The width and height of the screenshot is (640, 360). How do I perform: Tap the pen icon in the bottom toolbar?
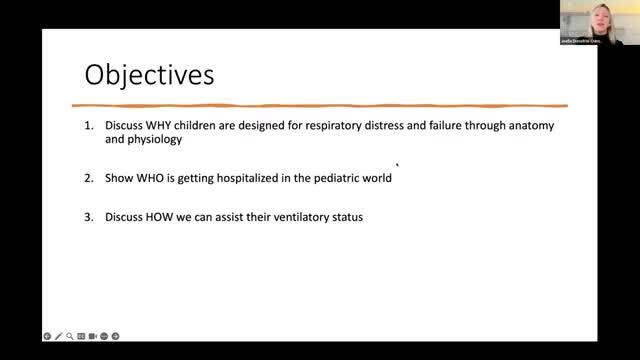click(x=58, y=335)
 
